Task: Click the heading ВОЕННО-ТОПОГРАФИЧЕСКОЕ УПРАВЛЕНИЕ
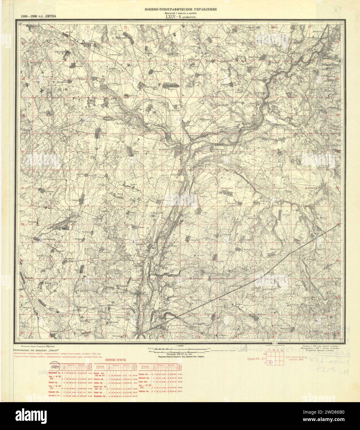coord(181,9)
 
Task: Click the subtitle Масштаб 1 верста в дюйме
coord(181,13)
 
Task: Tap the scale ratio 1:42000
coord(180,346)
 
